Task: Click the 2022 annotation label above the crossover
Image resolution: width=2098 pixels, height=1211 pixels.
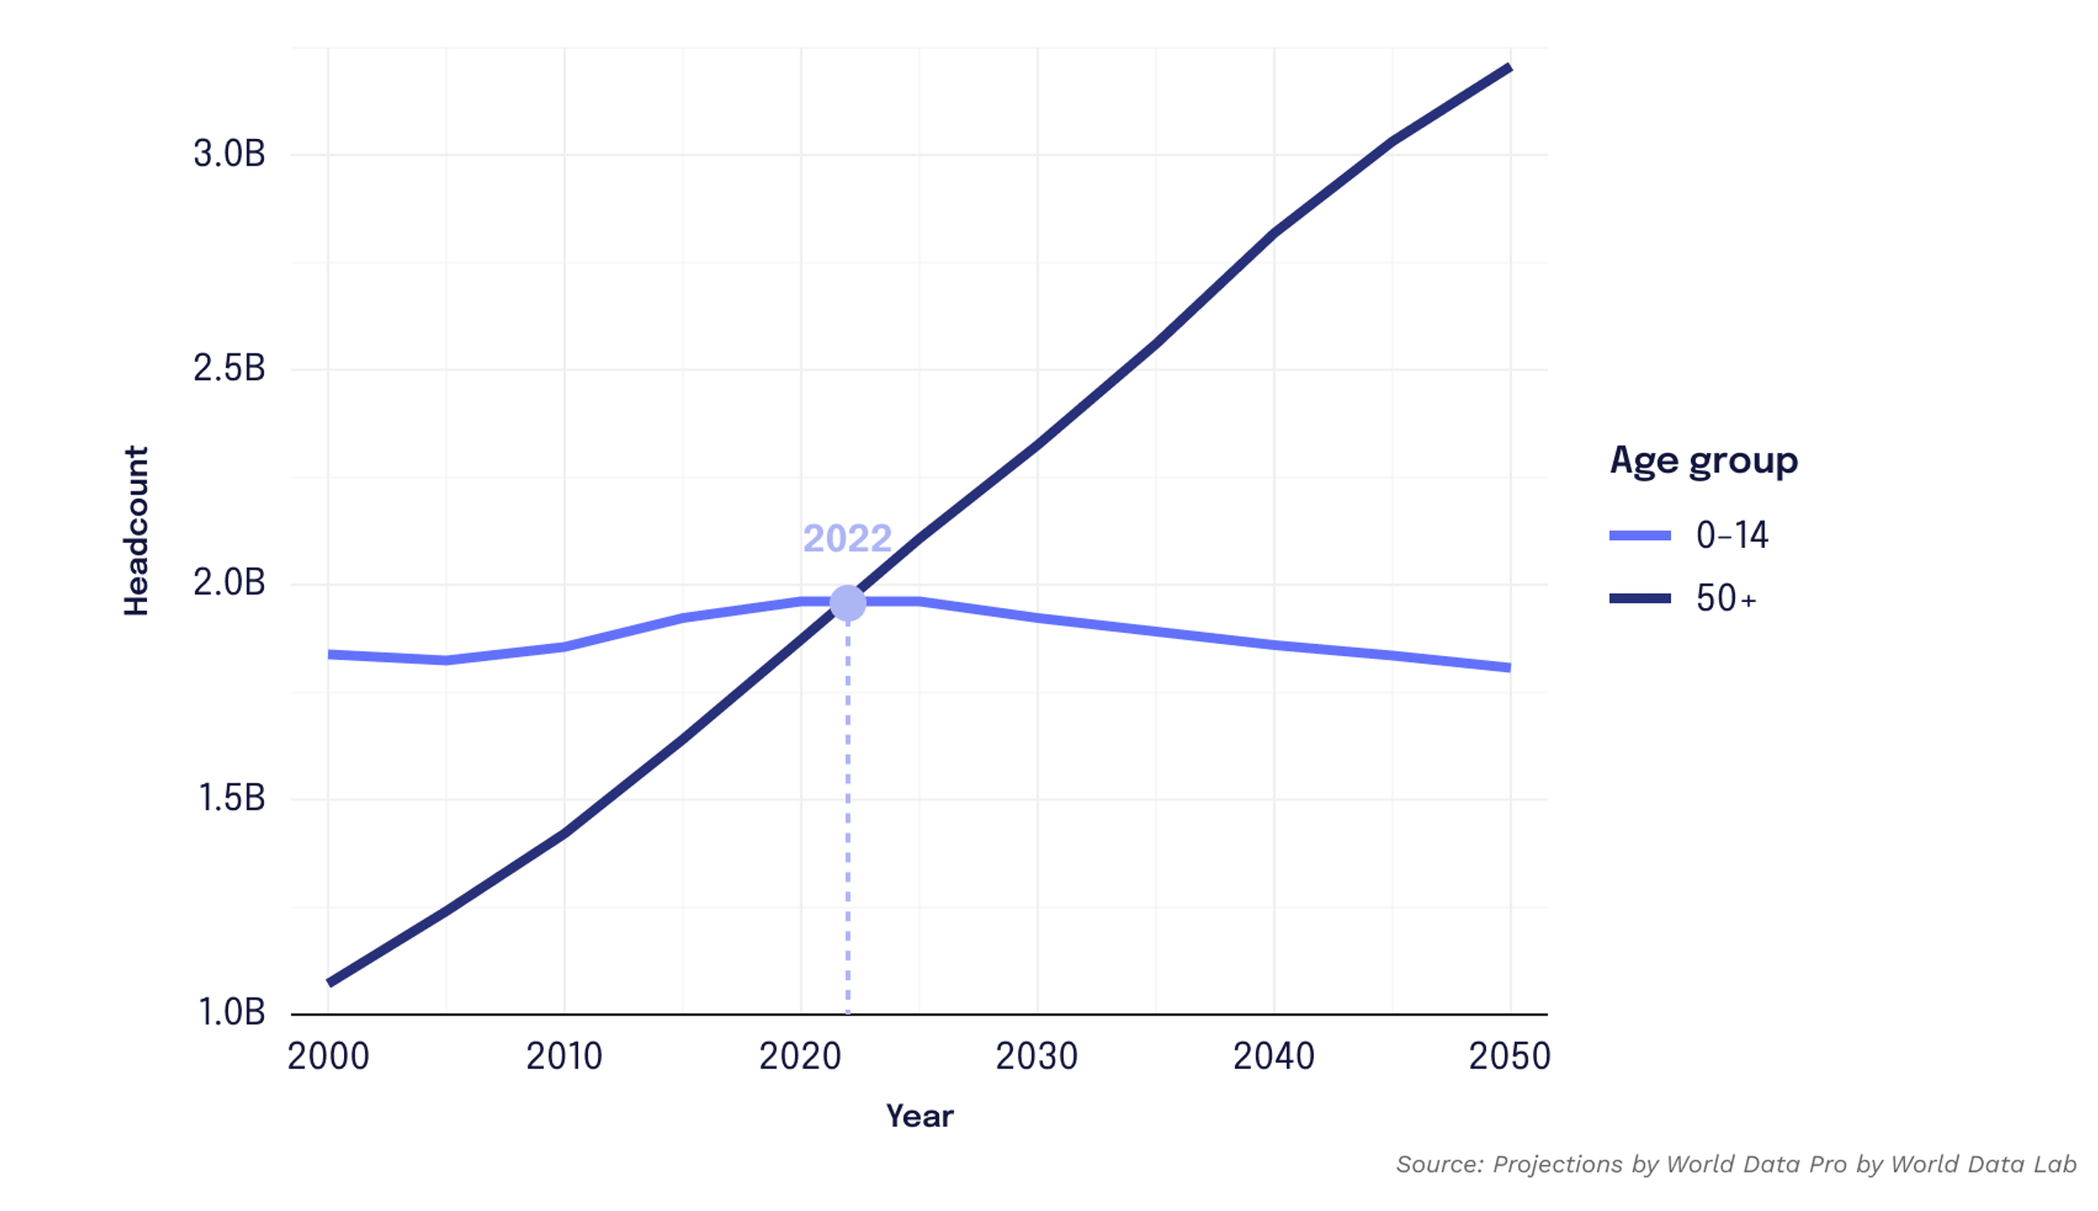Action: click(847, 539)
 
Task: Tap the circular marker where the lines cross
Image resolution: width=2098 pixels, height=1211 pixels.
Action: click(847, 603)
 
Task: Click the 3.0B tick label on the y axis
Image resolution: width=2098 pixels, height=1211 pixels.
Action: click(229, 154)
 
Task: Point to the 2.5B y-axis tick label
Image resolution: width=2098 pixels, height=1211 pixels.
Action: click(229, 369)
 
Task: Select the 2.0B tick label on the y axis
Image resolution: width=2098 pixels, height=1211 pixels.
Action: click(229, 583)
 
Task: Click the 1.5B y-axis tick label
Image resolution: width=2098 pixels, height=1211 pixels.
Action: click(232, 798)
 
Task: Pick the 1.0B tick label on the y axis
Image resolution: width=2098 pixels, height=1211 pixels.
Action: click(232, 1013)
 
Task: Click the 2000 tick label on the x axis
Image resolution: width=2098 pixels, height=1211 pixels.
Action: click(328, 1057)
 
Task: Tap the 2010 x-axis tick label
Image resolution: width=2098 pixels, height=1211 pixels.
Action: click(564, 1057)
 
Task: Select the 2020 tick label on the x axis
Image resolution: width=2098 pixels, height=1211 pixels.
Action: click(799, 1057)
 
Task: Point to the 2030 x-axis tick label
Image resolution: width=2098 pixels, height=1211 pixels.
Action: click(1036, 1057)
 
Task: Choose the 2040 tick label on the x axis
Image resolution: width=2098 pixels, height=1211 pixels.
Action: click(1273, 1057)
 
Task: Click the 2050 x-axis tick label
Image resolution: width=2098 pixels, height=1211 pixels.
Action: click(1509, 1057)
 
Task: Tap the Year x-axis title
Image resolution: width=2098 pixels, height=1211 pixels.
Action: click(919, 1116)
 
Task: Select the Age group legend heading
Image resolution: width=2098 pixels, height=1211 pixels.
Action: click(1703, 461)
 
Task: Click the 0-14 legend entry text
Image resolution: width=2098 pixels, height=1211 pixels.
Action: click(1732, 535)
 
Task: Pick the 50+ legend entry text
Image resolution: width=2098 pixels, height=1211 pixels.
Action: click(1726, 599)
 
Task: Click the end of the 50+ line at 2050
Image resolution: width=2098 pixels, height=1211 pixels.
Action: click(1509, 68)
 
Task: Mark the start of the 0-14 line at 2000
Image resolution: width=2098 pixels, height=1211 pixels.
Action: click(329, 654)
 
